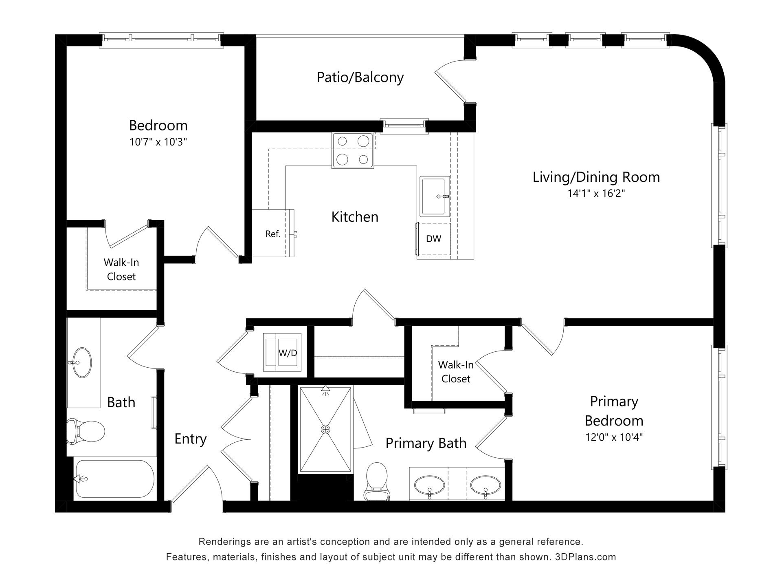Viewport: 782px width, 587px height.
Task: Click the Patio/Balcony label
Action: [x=360, y=77]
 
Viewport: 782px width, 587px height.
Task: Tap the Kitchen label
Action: [x=354, y=216]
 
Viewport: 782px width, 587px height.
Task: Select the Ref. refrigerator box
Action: [x=272, y=234]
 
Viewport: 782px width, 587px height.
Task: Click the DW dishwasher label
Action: [x=433, y=239]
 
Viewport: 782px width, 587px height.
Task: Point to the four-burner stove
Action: [x=353, y=150]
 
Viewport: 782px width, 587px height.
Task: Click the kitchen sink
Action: [x=435, y=196]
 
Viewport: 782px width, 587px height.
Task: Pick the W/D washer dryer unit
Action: [x=283, y=353]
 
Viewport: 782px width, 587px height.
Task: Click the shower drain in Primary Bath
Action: [x=325, y=429]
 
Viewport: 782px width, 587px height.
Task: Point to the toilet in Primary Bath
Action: [x=376, y=481]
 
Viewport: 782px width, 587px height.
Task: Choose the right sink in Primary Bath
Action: [x=485, y=485]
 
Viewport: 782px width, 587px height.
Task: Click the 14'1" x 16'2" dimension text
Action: [x=596, y=193]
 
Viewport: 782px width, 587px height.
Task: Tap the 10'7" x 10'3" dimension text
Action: [x=158, y=142]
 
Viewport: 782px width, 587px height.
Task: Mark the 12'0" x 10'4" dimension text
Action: [x=614, y=437]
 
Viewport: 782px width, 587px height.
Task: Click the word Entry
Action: [x=190, y=439]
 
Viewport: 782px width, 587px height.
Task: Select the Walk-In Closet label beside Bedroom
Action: [x=121, y=269]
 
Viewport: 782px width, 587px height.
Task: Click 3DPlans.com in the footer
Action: [x=585, y=557]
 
